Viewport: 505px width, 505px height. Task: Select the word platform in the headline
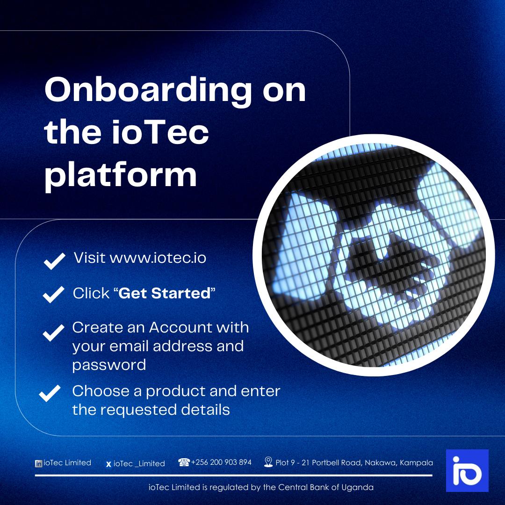(x=121, y=175)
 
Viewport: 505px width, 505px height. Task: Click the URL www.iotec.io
(x=158, y=258)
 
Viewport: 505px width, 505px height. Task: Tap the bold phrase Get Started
(x=165, y=293)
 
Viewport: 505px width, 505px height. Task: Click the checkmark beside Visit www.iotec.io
(x=54, y=261)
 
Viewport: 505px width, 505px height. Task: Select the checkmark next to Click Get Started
(x=53, y=295)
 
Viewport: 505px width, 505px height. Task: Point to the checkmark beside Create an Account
(x=53, y=332)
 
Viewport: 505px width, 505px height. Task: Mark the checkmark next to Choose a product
(x=50, y=393)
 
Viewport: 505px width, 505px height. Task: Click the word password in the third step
(x=109, y=365)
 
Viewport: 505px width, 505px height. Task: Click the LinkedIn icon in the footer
(x=38, y=463)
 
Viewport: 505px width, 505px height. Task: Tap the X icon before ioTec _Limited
(x=108, y=464)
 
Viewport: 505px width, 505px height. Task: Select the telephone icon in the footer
(x=184, y=462)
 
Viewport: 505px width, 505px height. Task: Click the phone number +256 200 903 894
(x=221, y=462)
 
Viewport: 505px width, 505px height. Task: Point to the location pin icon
(x=268, y=462)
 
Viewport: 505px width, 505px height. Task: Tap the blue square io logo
(x=467, y=470)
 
